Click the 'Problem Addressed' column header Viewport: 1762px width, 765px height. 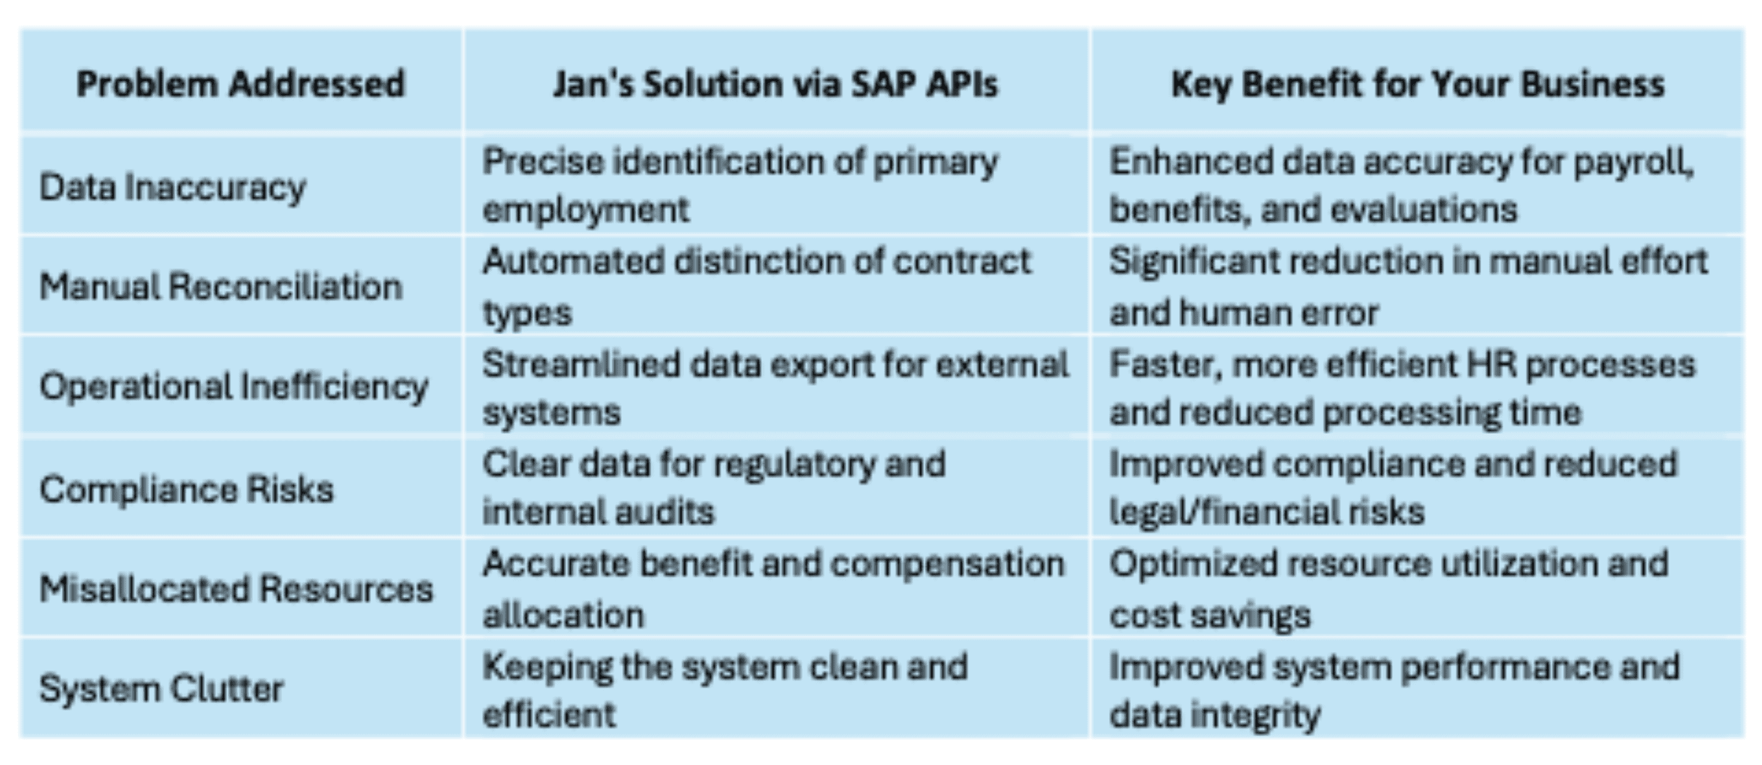point(241,84)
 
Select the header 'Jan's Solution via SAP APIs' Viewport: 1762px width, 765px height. point(776,84)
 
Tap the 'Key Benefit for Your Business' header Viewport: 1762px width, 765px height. point(1418,84)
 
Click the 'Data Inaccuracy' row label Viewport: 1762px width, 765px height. point(172,187)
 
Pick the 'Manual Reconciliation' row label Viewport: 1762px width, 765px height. point(221,286)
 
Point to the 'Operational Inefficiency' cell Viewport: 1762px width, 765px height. point(234,386)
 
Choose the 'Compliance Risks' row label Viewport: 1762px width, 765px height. point(187,489)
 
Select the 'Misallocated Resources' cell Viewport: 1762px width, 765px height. point(237,589)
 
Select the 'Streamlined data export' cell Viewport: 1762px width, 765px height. point(776,388)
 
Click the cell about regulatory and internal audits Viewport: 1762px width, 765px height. point(714,488)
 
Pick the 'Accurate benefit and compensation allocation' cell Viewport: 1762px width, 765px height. point(774,589)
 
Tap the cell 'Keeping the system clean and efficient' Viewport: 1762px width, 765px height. point(725,690)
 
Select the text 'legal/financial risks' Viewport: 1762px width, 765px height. point(1267,511)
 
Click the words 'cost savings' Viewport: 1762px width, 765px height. point(1210,615)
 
